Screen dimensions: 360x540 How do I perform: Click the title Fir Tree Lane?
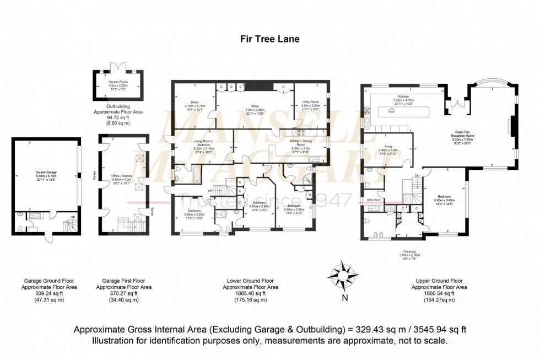coord(269,39)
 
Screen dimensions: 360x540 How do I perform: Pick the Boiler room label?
coord(195,105)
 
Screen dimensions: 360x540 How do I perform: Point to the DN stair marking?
coord(417,176)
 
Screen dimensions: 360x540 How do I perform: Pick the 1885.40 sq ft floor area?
coord(250,294)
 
